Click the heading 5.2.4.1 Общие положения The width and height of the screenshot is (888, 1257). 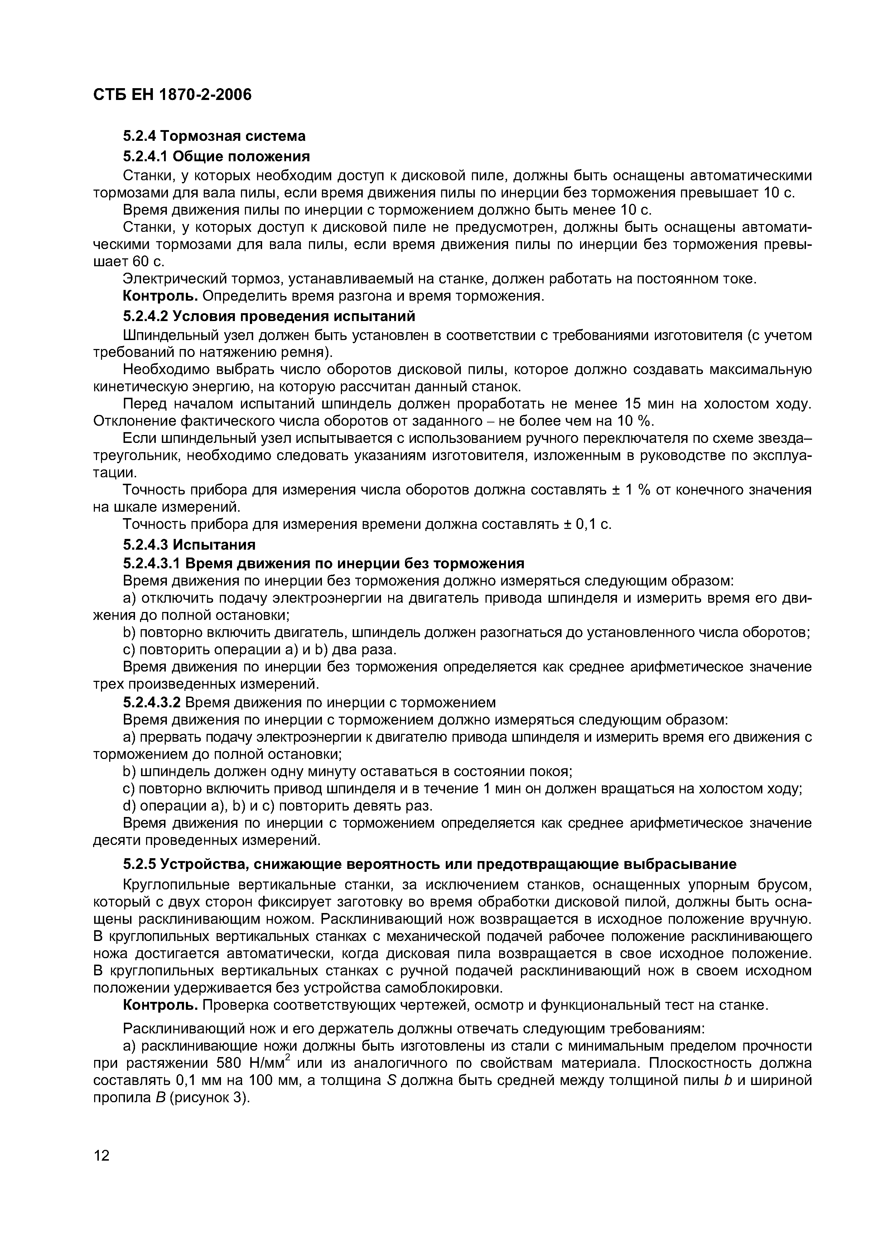[x=216, y=157]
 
